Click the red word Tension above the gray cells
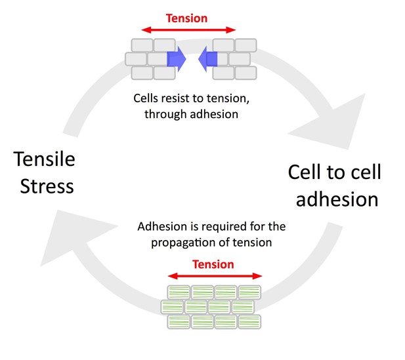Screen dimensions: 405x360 [186, 18]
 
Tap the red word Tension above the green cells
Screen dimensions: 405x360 [213, 264]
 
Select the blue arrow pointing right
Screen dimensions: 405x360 [177, 59]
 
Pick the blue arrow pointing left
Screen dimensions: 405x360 [207, 59]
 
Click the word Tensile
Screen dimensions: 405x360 [44, 159]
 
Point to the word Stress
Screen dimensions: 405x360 [47, 186]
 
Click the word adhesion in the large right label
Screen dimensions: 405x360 [337, 199]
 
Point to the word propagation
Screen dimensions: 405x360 [183, 243]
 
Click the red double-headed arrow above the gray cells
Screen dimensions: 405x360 [188, 30]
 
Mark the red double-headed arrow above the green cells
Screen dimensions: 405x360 [215, 276]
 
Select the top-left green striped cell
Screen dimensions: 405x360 [179, 292]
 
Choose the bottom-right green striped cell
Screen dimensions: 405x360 [249, 322]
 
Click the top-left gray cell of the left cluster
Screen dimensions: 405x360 [142, 45]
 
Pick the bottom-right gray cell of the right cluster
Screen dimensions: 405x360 [245, 73]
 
